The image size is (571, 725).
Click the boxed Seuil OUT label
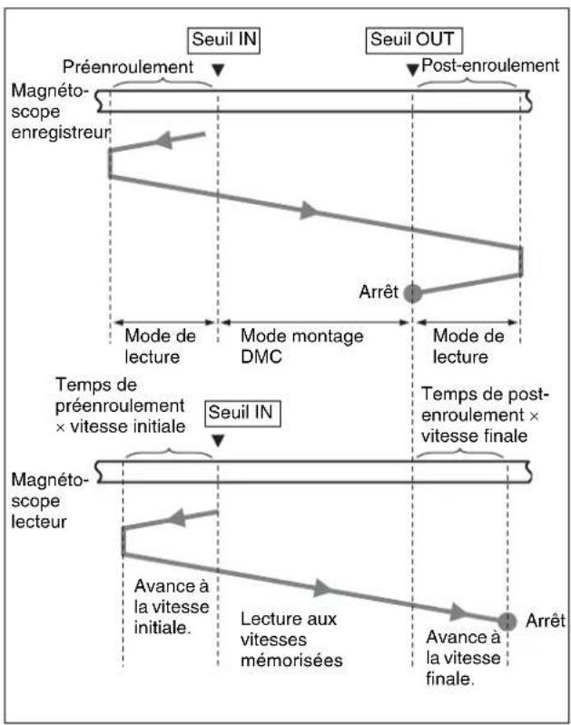[x=414, y=40]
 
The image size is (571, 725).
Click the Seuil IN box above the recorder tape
[x=224, y=40]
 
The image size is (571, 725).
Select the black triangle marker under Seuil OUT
[x=412, y=70]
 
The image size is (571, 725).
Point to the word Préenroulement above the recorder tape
[x=128, y=67]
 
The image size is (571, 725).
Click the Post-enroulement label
[x=490, y=65]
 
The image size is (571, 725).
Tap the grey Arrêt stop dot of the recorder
[x=412, y=293]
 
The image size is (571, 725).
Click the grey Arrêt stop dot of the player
[x=507, y=622]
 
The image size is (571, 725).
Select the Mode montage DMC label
[x=301, y=347]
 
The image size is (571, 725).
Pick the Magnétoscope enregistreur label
[x=60, y=112]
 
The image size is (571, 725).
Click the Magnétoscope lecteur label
[x=49, y=501]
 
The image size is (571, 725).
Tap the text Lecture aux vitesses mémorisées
[x=291, y=640]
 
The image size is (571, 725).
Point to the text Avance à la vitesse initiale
[x=172, y=607]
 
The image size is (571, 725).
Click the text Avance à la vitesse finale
[x=463, y=658]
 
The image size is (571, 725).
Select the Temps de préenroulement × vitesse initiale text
[x=121, y=406]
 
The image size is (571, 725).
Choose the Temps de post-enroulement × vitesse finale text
[x=485, y=416]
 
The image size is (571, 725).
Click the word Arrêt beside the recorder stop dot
[x=379, y=292]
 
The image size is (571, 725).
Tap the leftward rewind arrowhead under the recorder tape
[x=163, y=139]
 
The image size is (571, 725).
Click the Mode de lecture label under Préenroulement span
[x=160, y=347]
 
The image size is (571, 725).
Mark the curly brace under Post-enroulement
[x=468, y=83]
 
